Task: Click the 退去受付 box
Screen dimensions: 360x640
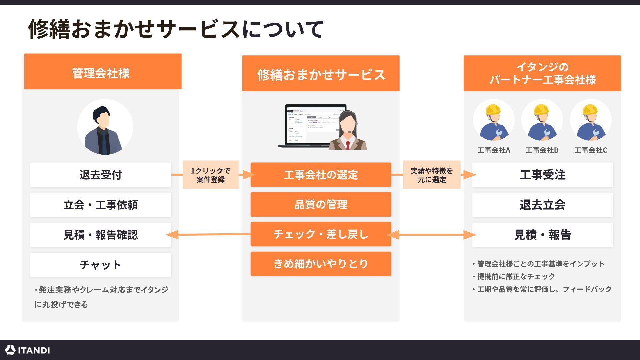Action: point(100,175)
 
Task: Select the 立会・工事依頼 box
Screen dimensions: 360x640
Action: point(100,205)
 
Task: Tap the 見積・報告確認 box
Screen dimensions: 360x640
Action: point(100,235)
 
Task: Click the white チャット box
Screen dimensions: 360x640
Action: point(100,265)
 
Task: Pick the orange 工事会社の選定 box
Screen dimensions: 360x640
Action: point(321,175)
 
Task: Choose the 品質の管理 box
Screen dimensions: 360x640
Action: point(321,204)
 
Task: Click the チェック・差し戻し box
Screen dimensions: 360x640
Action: point(321,234)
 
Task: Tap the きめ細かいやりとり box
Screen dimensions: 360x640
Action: point(321,264)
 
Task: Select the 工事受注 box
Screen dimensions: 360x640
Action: point(542,175)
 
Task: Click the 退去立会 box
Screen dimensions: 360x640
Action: point(542,205)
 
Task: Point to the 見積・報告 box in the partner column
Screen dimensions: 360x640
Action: point(542,235)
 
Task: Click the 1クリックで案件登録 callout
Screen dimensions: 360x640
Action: point(210,175)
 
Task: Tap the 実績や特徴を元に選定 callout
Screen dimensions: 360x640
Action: point(432,175)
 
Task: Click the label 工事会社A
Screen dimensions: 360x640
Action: point(494,150)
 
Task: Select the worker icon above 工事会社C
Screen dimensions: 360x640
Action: point(590,122)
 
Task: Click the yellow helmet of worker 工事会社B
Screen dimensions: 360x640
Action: point(541,109)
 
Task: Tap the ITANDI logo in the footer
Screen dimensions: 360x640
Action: point(28,350)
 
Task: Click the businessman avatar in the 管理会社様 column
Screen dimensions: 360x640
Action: point(105,127)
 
